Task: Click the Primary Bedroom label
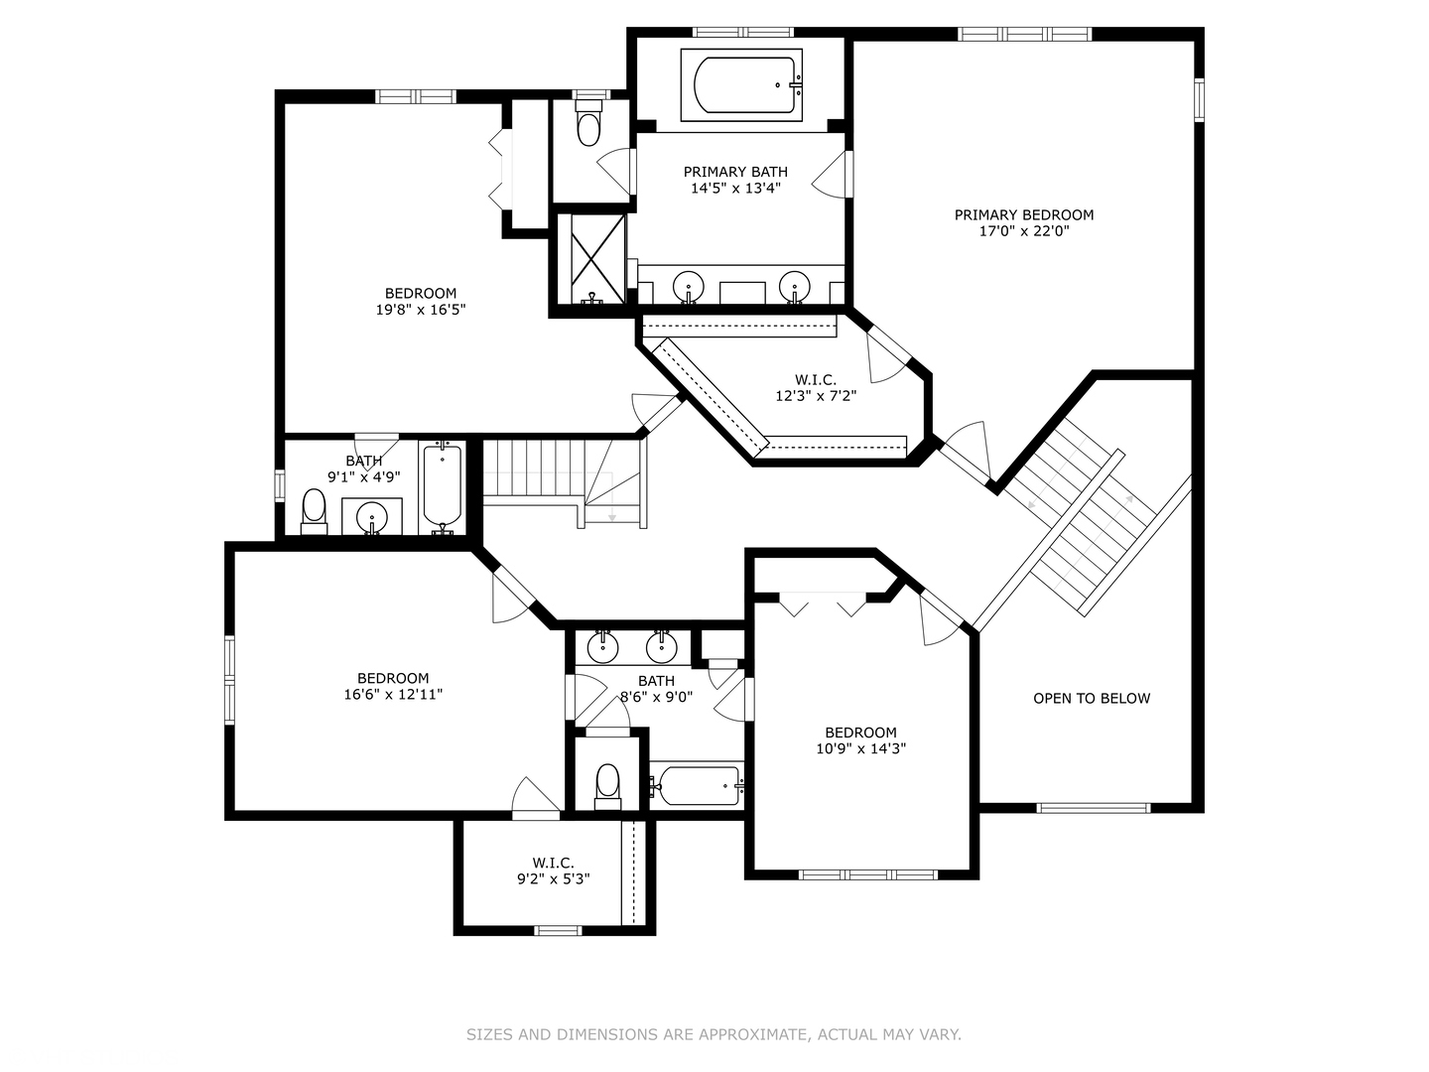click(1024, 215)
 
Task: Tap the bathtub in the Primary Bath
click(740, 85)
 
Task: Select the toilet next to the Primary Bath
click(589, 126)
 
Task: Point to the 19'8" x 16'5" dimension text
click(421, 310)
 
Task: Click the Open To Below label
click(1092, 699)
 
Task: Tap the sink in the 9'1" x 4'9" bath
click(372, 516)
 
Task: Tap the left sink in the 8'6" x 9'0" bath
click(602, 648)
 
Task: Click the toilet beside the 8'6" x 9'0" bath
click(607, 784)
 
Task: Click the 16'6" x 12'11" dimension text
click(393, 695)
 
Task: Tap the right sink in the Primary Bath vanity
click(794, 287)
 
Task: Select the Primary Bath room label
click(735, 173)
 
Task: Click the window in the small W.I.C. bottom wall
click(558, 930)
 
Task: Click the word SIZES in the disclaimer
click(489, 1035)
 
